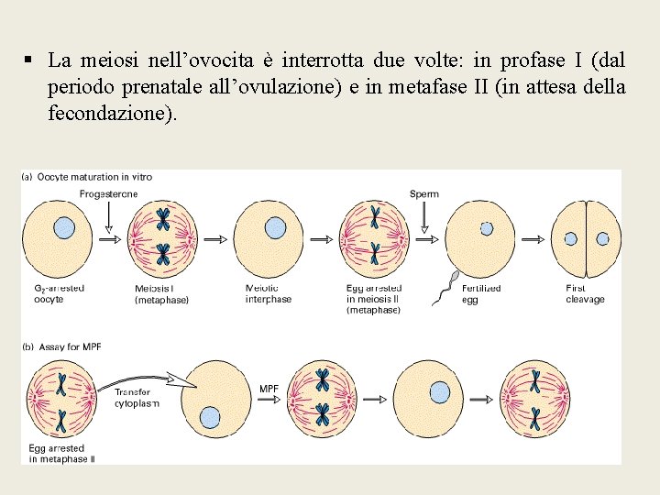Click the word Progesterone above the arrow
coord(108,193)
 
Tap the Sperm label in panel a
coord(424,193)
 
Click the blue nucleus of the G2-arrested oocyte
coord(63,227)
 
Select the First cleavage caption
coord(585,293)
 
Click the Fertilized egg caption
coord(482,293)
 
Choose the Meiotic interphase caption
coord(269,293)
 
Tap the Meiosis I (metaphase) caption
coord(161,293)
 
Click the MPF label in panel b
coord(269,388)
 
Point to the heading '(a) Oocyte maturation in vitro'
coord(87,177)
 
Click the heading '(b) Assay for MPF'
coord(63,346)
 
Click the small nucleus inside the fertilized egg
coord(487,229)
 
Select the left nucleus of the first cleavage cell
coord(570,238)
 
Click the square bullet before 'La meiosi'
coord(29,60)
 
